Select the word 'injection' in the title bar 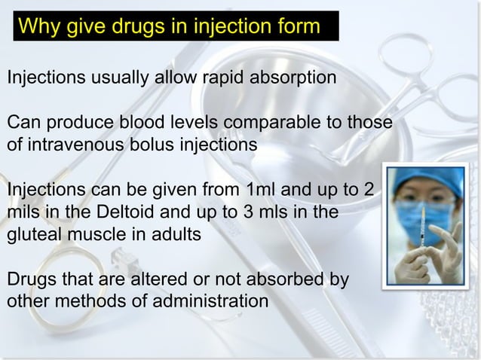coord(230,28)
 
